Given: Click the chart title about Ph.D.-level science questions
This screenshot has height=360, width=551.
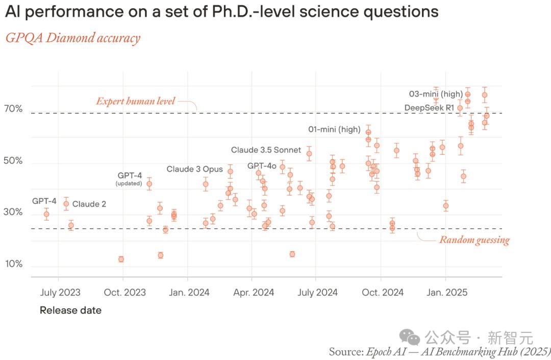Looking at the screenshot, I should (x=221, y=12).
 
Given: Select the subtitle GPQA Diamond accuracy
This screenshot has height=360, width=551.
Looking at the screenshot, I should (x=72, y=38).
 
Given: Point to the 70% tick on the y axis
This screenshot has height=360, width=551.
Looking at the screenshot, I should (x=14, y=109).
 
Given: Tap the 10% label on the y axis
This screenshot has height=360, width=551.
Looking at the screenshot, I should (x=14, y=264).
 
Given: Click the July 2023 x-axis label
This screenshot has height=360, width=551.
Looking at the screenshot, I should (x=60, y=293).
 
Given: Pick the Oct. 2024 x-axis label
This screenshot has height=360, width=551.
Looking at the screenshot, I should (x=383, y=293).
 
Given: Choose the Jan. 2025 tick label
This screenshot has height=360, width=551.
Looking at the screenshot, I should (x=447, y=293).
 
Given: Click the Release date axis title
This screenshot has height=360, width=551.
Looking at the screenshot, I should (x=70, y=310).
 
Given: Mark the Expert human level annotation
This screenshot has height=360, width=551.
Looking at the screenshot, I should (x=135, y=101).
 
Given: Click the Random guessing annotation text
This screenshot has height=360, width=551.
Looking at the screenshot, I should (x=474, y=240).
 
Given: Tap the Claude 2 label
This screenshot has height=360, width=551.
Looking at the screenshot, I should (x=89, y=204).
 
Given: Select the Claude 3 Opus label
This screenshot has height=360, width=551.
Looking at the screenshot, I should (x=194, y=169).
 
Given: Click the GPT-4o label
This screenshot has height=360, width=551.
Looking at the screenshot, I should (x=262, y=166).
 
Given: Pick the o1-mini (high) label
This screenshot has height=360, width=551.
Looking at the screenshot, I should (x=334, y=129).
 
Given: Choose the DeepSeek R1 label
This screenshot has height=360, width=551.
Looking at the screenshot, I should (x=429, y=108).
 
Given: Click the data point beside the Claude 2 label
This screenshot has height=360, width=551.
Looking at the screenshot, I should (x=66, y=204).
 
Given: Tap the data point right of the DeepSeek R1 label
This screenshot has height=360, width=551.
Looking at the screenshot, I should (x=460, y=108).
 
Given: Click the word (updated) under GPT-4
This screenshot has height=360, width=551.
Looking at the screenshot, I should (x=129, y=183).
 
